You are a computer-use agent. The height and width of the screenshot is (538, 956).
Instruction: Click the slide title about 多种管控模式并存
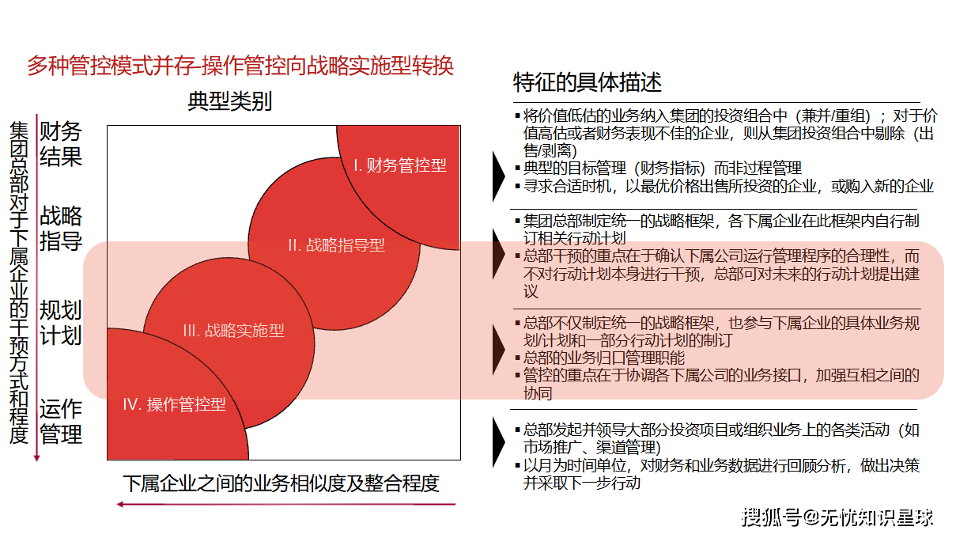(x=240, y=66)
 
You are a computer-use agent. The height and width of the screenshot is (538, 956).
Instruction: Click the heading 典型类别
(x=229, y=102)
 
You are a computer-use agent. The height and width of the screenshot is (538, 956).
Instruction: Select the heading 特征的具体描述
(x=587, y=82)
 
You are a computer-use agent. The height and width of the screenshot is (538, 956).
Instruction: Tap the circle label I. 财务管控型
(x=399, y=165)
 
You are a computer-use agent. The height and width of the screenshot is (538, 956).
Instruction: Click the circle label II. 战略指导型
(x=336, y=245)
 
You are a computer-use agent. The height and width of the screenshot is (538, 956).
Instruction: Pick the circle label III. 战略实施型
(x=233, y=331)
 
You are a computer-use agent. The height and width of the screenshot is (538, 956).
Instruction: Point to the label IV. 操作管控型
(x=174, y=404)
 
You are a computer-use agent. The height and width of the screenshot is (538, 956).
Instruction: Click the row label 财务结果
(x=61, y=144)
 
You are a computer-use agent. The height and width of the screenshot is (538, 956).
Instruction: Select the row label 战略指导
(x=61, y=229)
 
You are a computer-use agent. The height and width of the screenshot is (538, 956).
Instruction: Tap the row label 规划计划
(x=61, y=322)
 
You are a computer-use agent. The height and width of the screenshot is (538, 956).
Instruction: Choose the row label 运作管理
(x=61, y=422)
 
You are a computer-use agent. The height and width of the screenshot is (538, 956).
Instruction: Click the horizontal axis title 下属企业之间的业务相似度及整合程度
(x=281, y=483)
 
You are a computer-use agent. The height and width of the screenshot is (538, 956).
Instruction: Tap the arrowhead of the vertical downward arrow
(x=37, y=457)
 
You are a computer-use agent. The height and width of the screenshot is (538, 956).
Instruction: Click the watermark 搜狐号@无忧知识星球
(x=837, y=518)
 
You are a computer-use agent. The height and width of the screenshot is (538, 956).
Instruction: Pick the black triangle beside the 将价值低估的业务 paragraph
(x=498, y=174)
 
